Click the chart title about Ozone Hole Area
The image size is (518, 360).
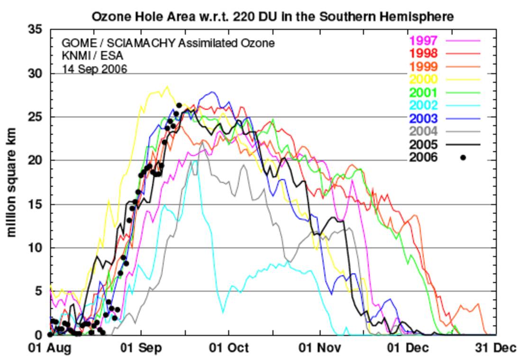(273, 17)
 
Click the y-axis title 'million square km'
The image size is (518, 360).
(12, 182)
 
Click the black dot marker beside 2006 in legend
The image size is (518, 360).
(463, 158)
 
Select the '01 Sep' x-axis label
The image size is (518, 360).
(141, 348)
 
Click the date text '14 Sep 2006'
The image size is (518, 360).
(94, 69)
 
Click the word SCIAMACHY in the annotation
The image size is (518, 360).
(141, 43)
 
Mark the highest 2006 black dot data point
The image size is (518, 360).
(179, 105)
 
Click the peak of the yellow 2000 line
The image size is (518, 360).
(166, 87)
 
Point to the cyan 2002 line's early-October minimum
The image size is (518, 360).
(223, 312)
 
